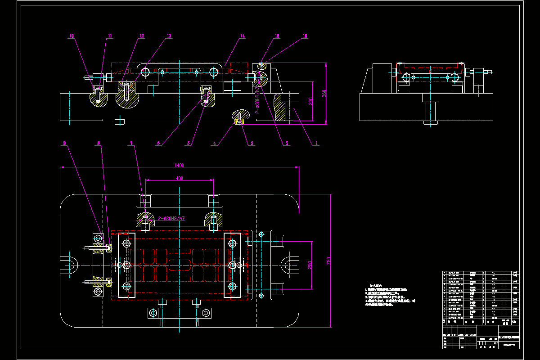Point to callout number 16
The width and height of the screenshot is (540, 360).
tap(305, 36)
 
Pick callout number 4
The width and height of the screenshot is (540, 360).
tap(215, 144)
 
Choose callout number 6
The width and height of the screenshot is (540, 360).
tap(158, 144)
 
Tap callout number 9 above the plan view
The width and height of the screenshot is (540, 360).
tap(64, 144)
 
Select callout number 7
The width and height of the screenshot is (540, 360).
tap(131, 144)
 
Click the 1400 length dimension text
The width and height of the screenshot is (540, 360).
tap(179, 165)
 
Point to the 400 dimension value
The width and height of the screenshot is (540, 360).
tap(179, 179)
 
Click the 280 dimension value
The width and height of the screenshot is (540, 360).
tap(310, 265)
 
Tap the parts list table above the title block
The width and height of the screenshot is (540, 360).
tap(480, 297)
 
